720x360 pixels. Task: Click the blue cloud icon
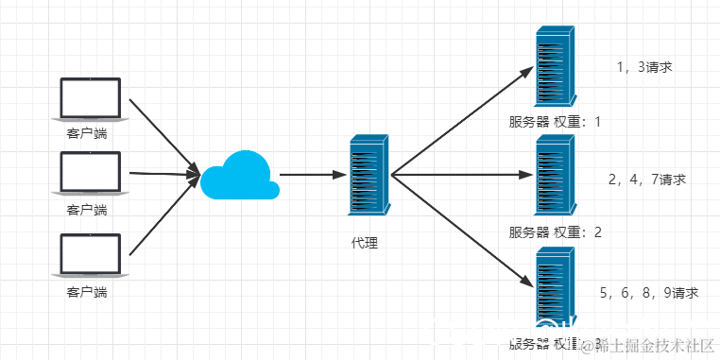click(240, 175)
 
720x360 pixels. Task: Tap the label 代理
click(364, 244)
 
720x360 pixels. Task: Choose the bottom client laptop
click(90, 257)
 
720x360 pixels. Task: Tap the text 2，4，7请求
click(647, 179)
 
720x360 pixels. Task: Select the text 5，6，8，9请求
click(649, 293)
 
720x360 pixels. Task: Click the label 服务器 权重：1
click(555, 122)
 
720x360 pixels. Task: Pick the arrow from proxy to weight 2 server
click(458, 175)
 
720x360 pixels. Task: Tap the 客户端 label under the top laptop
click(87, 133)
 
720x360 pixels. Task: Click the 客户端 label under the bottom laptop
click(87, 293)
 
